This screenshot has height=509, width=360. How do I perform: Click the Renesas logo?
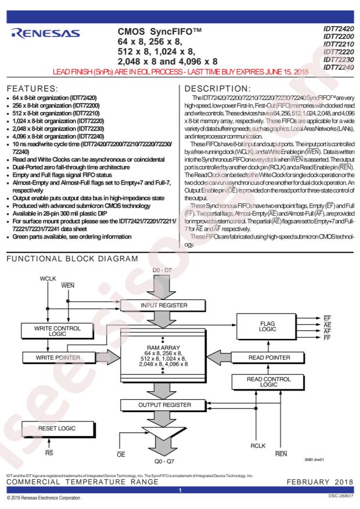(45, 34)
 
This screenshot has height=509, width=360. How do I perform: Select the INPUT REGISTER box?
(163, 305)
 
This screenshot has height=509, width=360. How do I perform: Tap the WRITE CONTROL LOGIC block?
(57, 331)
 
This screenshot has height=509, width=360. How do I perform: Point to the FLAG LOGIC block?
(267, 327)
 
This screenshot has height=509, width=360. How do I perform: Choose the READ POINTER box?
(268, 358)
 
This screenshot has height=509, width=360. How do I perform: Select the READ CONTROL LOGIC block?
(268, 382)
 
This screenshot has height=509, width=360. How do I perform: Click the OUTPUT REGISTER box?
(164, 405)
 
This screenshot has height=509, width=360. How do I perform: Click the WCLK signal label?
(48, 279)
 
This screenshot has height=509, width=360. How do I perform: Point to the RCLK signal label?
(258, 446)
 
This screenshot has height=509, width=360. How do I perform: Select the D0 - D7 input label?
(162, 270)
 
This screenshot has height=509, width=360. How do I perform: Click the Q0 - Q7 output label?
(164, 461)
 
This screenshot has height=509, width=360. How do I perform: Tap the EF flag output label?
(327, 318)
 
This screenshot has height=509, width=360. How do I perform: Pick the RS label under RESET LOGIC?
(49, 453)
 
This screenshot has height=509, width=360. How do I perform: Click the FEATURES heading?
(32, 89)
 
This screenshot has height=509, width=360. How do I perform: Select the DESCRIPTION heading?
(218, 89)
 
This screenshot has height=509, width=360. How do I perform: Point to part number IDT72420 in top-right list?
(339, 28)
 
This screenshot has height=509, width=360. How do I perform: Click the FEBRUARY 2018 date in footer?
(320, 482)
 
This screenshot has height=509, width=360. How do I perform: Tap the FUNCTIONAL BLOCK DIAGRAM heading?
(73, 259)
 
